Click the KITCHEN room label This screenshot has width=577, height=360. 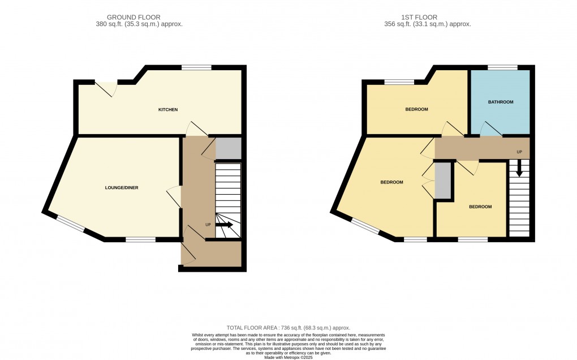pos(168,109)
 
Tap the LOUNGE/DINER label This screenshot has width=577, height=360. pos(121,188)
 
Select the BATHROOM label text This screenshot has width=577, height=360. pos(500,102)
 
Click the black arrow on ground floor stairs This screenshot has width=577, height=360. pos(224,225)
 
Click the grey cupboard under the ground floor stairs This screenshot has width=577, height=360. pos(229,148)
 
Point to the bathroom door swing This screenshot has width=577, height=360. pos(490,130)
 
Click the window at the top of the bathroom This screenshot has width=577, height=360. pos(502,68)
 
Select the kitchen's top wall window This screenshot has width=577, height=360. pos(196,68)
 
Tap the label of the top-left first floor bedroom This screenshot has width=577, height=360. pos(416,109)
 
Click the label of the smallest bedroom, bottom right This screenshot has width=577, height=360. pos(480,207)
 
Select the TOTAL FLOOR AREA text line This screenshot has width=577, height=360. pos(288,328)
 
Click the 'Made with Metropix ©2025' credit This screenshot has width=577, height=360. pos(288,357)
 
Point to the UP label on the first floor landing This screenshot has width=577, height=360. pos(519,152)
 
